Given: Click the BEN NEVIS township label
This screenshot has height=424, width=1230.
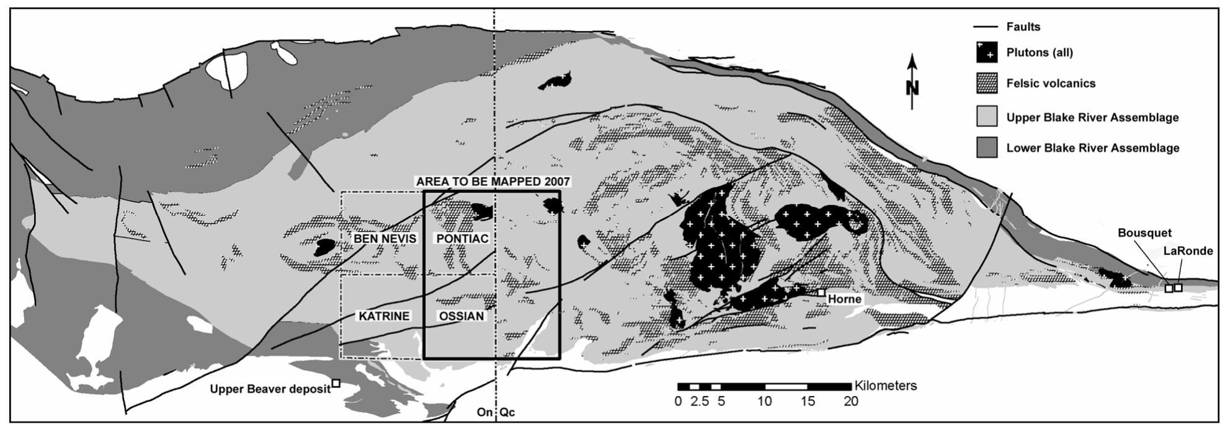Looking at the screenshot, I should point(385,239).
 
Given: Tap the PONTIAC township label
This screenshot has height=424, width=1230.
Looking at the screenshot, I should point(462,239).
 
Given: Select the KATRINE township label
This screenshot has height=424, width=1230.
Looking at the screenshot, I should point(384,316).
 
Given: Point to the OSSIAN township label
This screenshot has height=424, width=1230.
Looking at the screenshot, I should point(461,316).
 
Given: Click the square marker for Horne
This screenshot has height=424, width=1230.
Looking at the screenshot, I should point(821,293).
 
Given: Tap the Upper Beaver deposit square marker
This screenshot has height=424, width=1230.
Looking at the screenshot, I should point(336,383).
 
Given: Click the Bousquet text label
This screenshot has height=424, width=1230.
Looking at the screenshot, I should point(1144,233).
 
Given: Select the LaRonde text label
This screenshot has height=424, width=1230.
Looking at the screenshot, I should point(1188,251).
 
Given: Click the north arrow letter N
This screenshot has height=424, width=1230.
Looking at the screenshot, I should point(912,88).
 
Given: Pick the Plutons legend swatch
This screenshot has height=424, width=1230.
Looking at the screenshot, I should point(986,53).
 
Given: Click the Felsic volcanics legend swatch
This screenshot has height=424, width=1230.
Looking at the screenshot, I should point(986,84).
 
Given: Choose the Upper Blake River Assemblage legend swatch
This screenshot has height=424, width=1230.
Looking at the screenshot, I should point(986,117).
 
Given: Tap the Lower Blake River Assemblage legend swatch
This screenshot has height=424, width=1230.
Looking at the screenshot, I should point(986,148).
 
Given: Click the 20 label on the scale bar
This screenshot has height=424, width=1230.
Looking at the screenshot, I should point(850,402).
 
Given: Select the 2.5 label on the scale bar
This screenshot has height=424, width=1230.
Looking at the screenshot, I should point(699,402).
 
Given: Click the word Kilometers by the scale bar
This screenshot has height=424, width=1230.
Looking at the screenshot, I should point(885,386).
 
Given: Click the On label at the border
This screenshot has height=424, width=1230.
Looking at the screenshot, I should point(484,412).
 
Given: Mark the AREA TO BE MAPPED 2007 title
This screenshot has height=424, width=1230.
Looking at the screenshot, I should point(493,182).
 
